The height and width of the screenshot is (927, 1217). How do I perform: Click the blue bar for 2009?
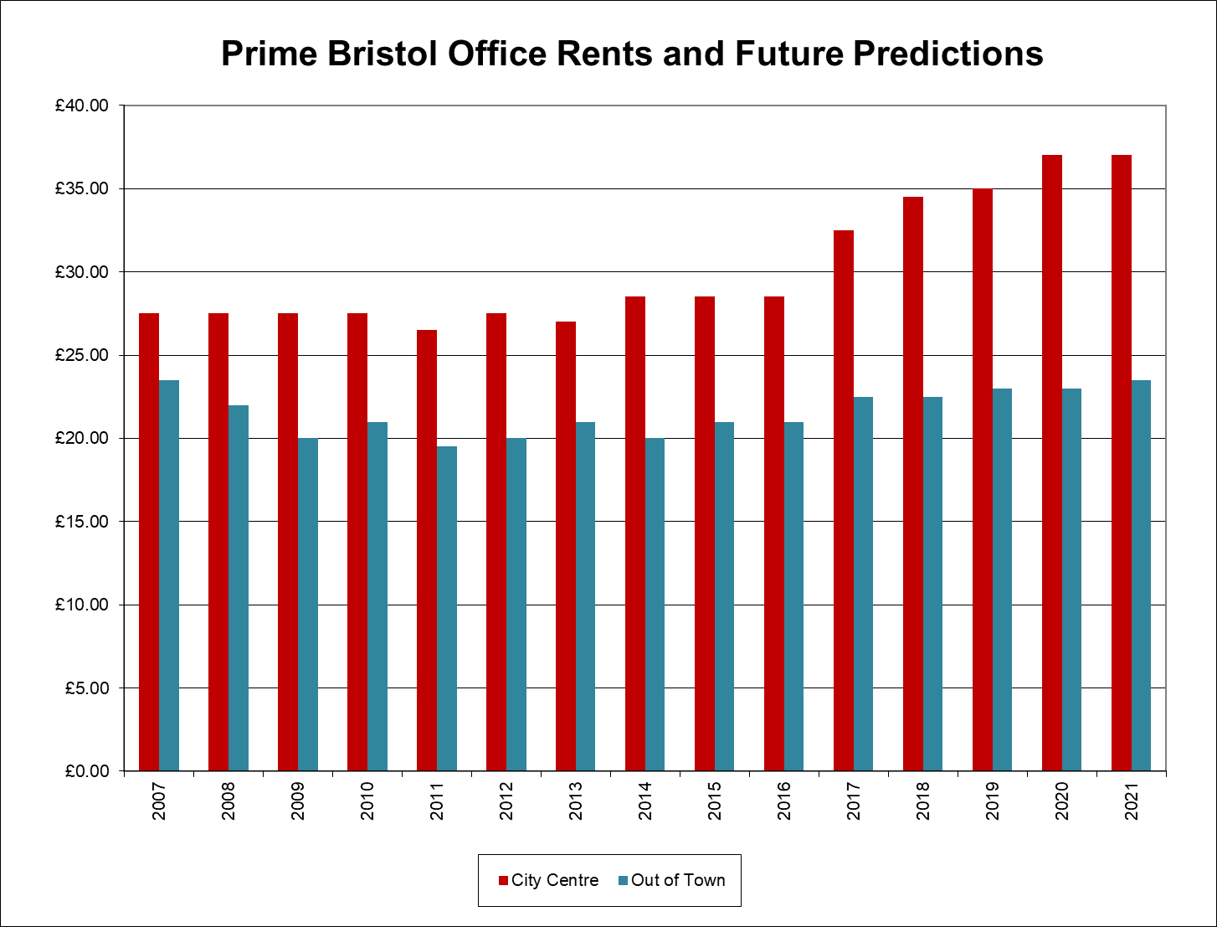coord(308,604)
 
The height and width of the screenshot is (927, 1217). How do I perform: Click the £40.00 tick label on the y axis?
coord(82,106)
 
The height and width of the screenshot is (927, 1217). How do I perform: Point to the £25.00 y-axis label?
coord(82,355)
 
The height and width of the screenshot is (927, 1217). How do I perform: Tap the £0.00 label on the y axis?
coord(86,771)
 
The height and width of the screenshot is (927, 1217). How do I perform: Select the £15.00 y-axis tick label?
coord(82,522)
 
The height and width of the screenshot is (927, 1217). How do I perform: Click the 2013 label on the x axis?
coord(576,801)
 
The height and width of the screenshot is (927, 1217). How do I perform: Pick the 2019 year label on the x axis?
coord(993,801)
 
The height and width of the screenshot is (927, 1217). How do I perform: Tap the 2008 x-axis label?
coord(229,801)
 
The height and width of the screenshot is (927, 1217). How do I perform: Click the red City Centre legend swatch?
coord(504,880)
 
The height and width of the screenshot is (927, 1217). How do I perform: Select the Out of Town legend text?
coord(678,880)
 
